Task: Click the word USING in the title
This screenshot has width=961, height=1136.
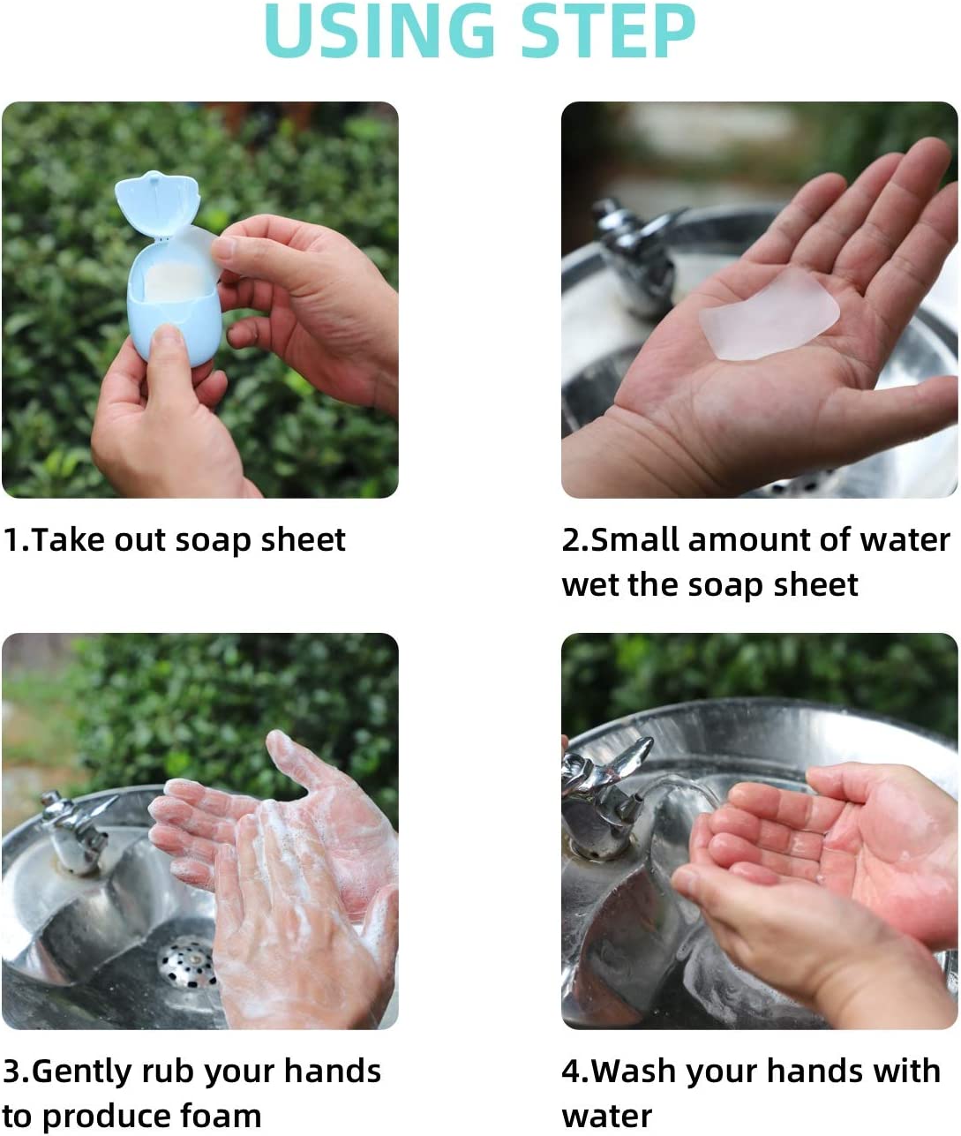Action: (x=380, y=30)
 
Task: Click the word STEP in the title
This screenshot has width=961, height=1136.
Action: (x=608, y=30)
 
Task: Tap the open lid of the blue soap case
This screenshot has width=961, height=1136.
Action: (x=158, y=204)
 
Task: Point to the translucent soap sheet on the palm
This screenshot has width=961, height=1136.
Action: (x=770, y=315)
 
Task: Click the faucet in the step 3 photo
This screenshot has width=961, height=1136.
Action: (x=77, y=831)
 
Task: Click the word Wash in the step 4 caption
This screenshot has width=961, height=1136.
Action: (x=634, y=1072)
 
